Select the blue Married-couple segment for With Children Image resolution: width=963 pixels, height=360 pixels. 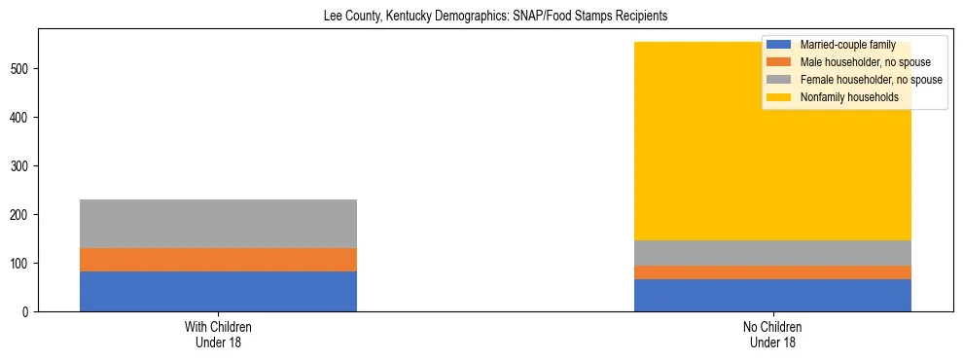[218, 291]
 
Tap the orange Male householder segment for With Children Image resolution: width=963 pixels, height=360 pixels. [218, 260]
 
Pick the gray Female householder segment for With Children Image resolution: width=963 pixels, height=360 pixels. [218, 224]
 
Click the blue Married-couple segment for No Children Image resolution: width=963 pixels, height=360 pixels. [772, 295]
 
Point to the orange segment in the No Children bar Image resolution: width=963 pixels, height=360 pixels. [772, 272]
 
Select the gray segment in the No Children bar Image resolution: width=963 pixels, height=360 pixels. [772, 253]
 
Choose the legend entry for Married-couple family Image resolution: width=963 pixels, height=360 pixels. [847, 45]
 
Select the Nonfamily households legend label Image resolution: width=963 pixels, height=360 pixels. [849, 97]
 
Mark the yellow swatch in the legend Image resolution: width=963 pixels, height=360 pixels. [779, 97]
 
